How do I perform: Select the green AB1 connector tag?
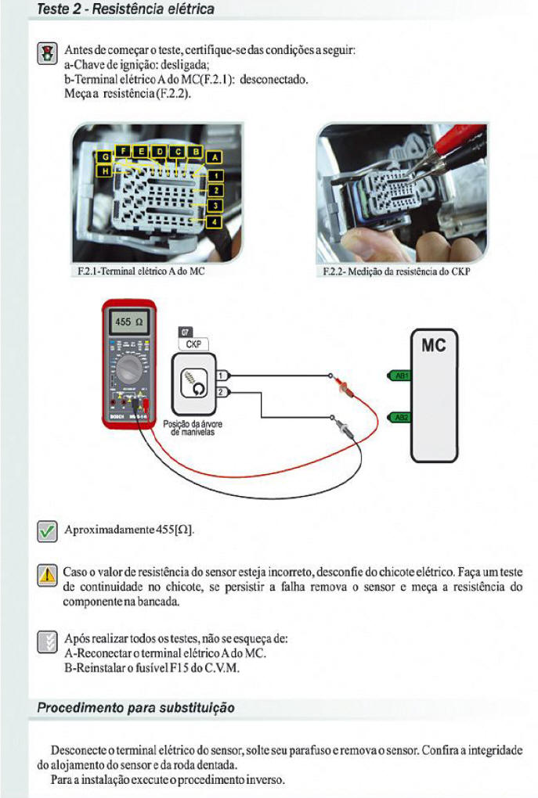click(x=401, y=376)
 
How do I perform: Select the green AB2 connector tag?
click(x=401, y=417)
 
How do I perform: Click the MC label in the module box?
click(x=434, y=345)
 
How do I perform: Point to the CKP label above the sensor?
click(x=192, y=343)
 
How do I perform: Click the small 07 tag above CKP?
click(x=185, y=332)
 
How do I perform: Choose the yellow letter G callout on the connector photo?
click(x=104, y=156)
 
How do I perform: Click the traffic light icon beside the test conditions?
click(x=48, y=54)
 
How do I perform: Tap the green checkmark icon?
click(x=48, y=531)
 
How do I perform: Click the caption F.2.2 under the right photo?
click(x=396, y=273)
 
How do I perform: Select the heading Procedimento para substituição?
click(x=136, y=708)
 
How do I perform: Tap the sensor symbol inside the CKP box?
click(x=192, y=384)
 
